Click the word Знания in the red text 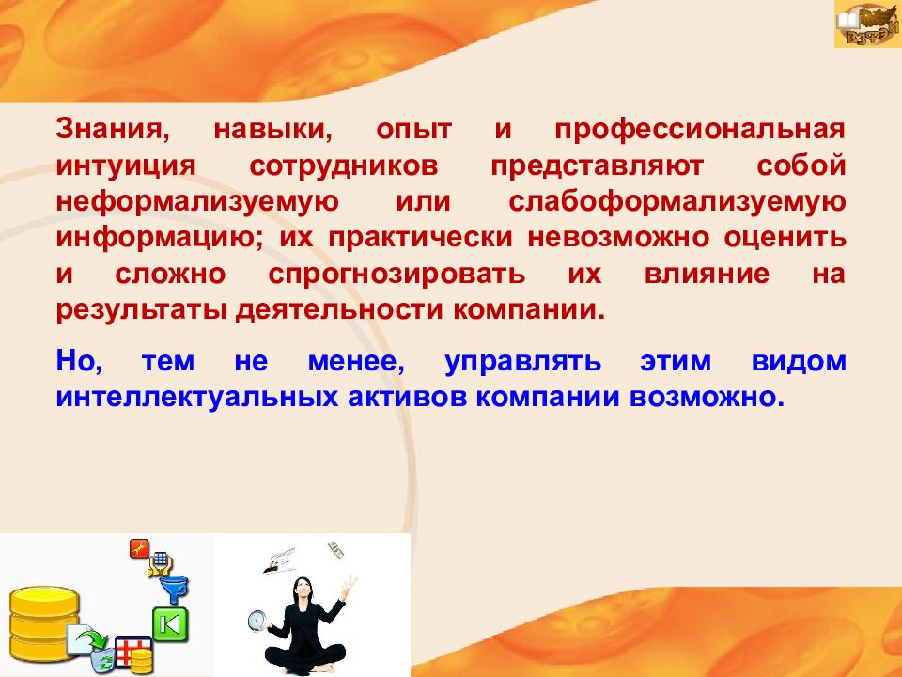[x=113, y=129]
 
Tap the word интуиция [x=126, y=166]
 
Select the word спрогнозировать [x=397, y=275]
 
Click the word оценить [x=785, y=238]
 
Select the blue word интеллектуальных [x=197, y=398]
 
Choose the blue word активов [x=407, y=398]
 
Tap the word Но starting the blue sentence [x=79, y=362]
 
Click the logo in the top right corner [x=867, y=24]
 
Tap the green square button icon [x=170, y=624]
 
